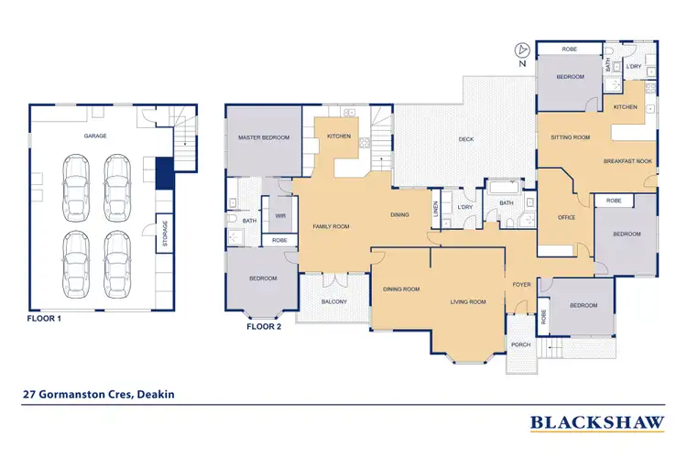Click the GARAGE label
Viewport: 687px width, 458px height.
pos(95,136)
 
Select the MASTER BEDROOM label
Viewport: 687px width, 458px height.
pos(264,137)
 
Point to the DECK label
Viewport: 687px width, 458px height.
pos(466,140)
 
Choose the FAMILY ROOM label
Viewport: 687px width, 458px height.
pos(330,225)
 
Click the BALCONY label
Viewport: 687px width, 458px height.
pos(333,301)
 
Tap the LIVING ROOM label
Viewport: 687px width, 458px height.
pos(467,301)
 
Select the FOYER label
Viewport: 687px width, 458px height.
pos(522,284)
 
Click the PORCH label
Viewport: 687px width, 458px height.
pos(520,344)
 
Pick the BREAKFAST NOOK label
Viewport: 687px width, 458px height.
pos(627,161)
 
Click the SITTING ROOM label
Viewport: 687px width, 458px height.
pos(570,137)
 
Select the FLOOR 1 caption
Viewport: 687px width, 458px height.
pos(49,322)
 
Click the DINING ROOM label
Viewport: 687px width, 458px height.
pos(401,289)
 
